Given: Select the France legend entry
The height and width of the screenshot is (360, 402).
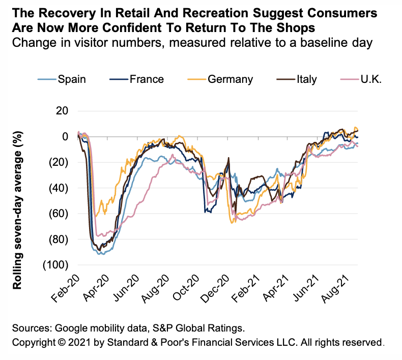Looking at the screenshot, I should point(147,79).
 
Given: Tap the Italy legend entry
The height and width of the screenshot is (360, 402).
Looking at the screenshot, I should point(306,79).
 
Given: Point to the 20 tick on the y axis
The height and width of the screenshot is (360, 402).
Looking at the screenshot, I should point(64,110).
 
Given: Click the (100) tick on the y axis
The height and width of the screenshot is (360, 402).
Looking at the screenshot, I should point(56,264).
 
